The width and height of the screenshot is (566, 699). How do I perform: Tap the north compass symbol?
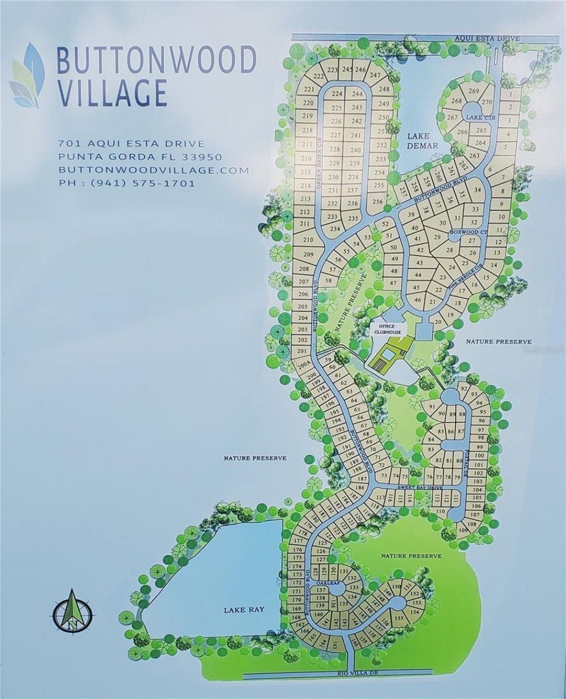pos(74,612)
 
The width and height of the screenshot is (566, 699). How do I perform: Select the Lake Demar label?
pos(422,141)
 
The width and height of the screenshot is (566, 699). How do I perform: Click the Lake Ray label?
pos(244,610)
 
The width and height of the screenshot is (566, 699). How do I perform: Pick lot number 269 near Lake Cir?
pos(473,91)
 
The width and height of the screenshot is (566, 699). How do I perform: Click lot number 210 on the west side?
pos(308,240)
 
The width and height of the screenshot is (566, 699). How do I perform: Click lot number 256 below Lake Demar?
pos(378,201)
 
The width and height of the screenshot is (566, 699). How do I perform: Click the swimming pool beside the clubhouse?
pos(388,355)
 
